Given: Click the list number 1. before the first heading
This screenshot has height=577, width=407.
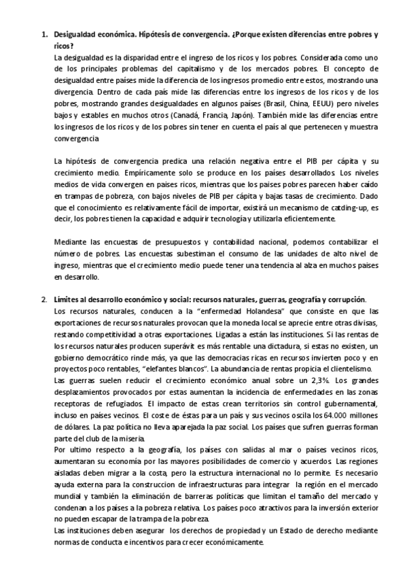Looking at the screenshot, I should (x=44, y=34).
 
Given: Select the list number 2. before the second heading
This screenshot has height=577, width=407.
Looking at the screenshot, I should (x=44, y=300).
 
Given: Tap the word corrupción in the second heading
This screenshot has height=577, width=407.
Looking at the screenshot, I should (x=344, y=300).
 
